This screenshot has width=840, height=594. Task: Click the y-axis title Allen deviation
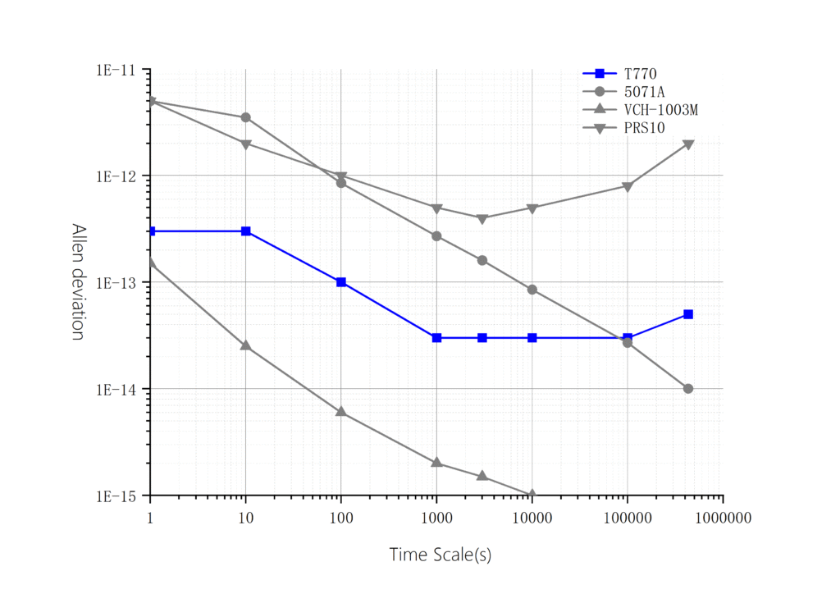coord(78,282)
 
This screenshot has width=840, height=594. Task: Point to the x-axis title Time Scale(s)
coord(440,555)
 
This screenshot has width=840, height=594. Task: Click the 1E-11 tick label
coord(120,70)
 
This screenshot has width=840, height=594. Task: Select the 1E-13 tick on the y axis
coord(120,282)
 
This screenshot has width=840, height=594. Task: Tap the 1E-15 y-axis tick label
coord(120,496)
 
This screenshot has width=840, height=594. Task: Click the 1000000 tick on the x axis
coord(723,518)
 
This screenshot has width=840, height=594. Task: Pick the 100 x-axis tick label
coord(341,518)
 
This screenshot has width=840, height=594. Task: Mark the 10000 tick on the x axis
coord(532,518)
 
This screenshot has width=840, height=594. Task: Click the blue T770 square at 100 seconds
coord(341,282)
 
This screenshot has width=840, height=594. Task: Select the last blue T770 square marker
coord(688,314)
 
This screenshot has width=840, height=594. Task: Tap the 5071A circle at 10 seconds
coord(245,117)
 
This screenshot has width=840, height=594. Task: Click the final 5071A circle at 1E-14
coord(688,388)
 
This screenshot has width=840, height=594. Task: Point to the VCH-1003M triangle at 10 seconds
coord(245,345)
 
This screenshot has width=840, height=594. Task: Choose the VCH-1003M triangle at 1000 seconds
coord(436,463)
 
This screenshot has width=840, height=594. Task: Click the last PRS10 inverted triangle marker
coord(688,144)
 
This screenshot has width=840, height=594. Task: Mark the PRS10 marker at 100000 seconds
coord(628,187)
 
